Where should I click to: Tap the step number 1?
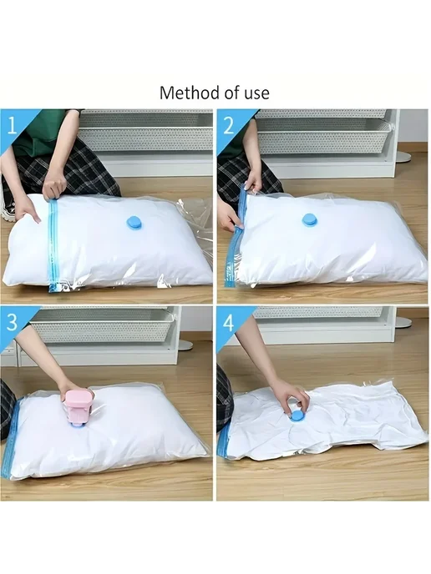[12, 125]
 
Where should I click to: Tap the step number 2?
[228, 125]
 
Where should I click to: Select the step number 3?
[12, 322]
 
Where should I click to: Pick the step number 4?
[228, 322]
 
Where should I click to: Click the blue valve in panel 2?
[311, 221]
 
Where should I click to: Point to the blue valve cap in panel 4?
[296, 417]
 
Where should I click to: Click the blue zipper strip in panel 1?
[53, 245]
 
